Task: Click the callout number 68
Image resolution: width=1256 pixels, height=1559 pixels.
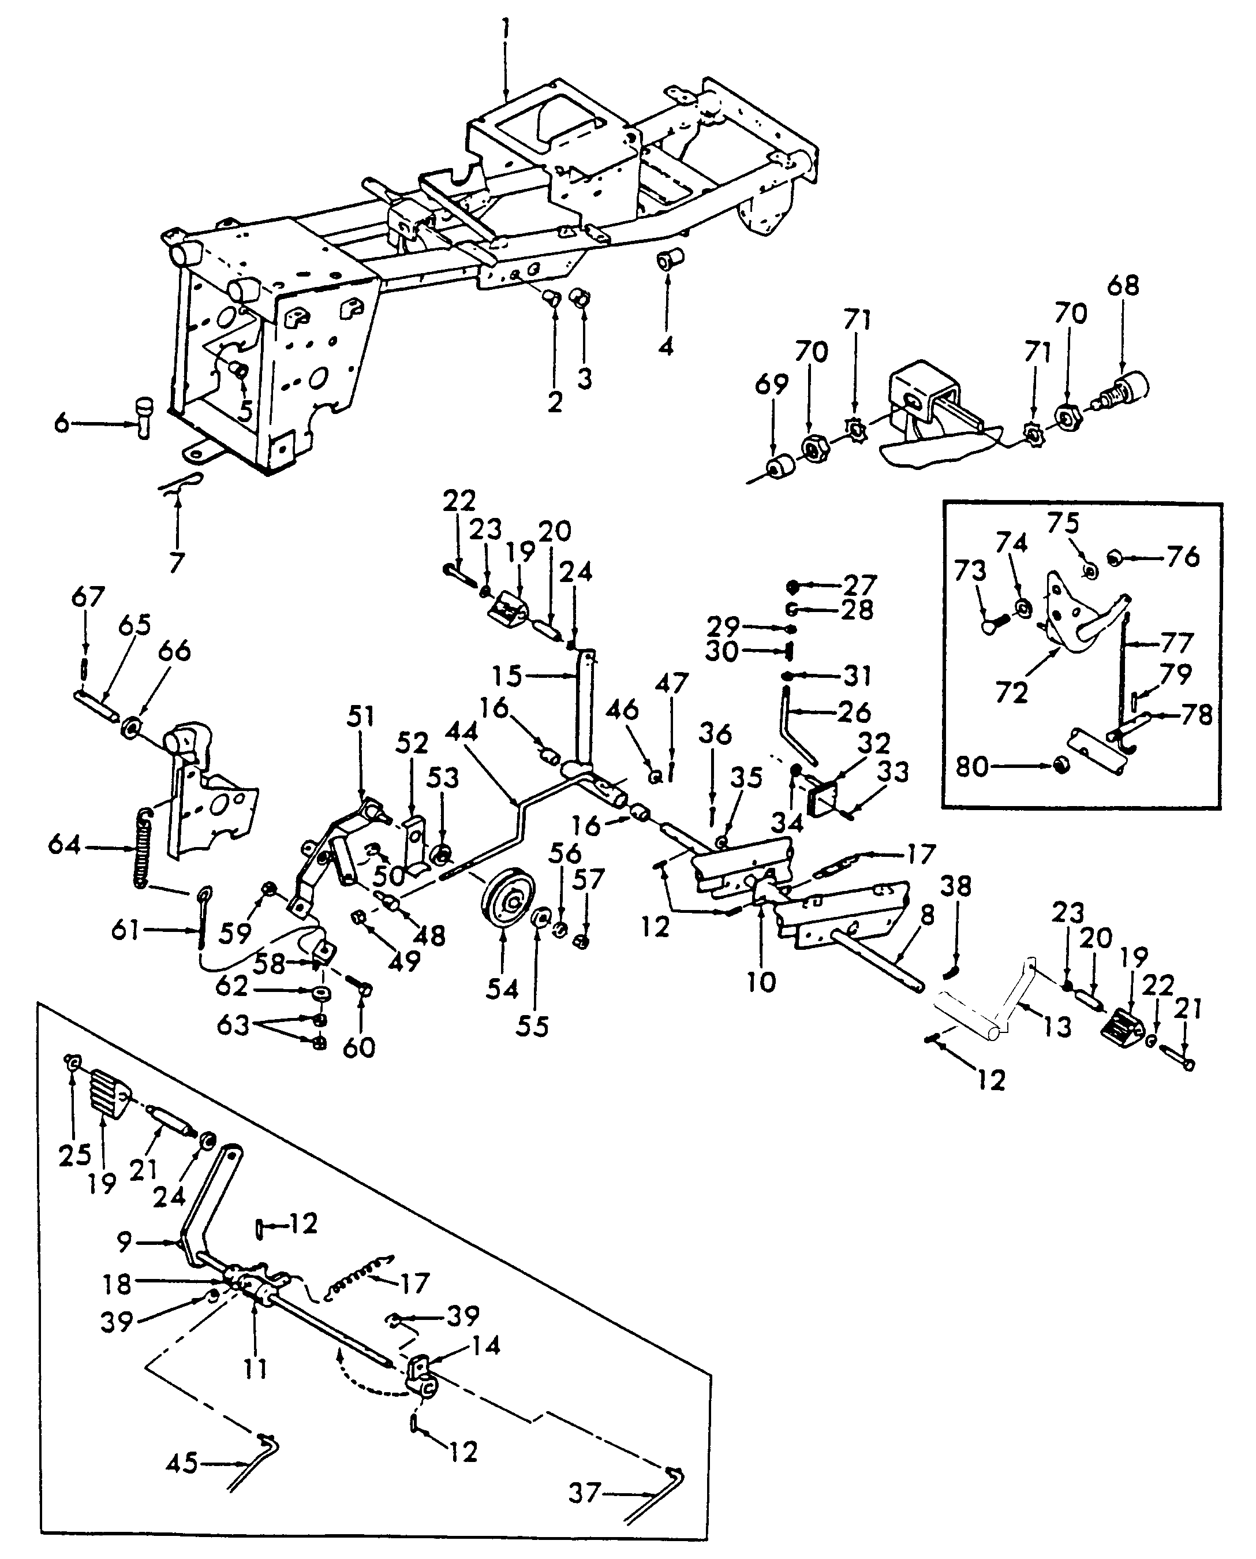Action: tap(1122, 285)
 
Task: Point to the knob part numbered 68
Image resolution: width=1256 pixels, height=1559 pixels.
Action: tap(1124, 391)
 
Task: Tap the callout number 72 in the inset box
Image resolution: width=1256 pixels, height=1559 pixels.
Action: tap(1011, 693)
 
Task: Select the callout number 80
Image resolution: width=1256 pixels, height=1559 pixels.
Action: tap(973, 766)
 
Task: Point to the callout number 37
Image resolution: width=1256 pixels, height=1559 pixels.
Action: tap(584, 1493)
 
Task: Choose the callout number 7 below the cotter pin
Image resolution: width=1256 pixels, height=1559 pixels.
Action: tap(177, 562)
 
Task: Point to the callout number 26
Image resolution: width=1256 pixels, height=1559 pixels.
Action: tap(854, 712)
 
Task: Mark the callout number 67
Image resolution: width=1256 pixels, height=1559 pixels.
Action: tap(88, 598)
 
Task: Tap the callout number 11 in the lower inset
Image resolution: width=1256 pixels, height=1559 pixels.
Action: tap(255, 1370)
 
